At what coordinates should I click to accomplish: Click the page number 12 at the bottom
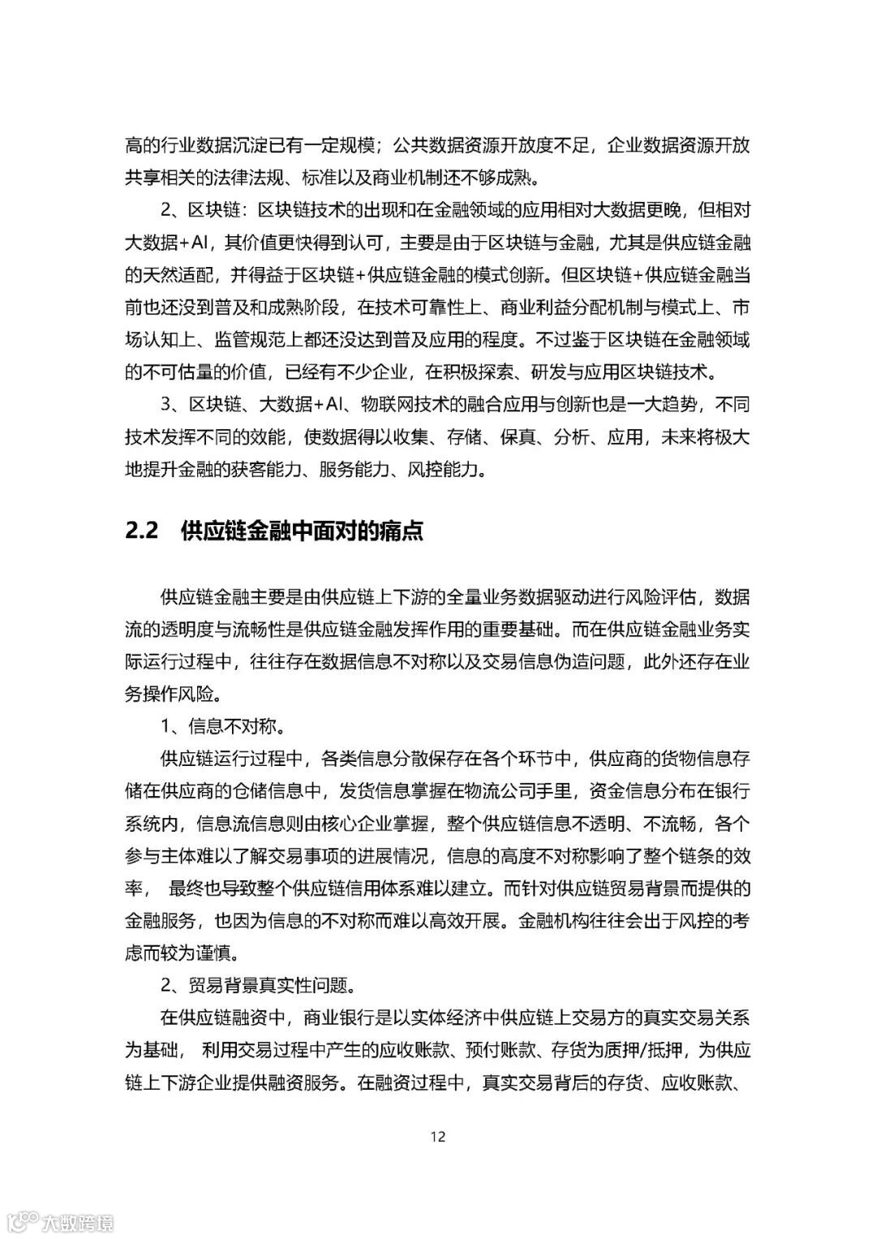pyautogui.click(x=438, y=1136)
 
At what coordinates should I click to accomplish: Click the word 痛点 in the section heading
pyautogui.click(x=402, y=531)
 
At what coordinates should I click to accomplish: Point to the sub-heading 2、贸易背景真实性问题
pyautogui.click(x=258, y=985)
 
